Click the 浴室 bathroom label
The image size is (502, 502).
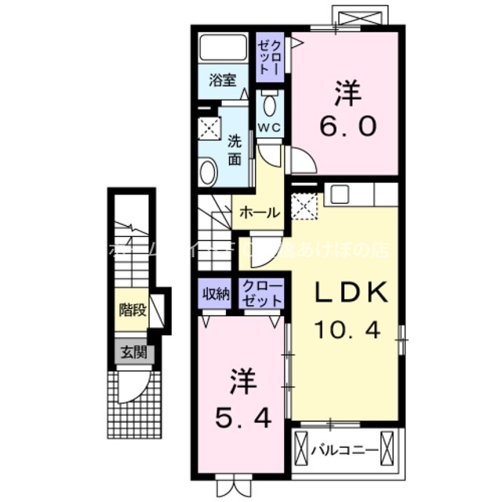[x=222, y=80]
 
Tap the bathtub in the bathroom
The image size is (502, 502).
[x=223, y=48]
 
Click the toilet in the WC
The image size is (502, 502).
[x=270, y=103]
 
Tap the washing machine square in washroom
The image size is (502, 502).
[x=209, y=126]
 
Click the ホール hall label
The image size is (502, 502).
[x=255, y=212]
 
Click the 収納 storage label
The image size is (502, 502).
[x=216, y=293]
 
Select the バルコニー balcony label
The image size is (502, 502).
[x=344, y=450]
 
